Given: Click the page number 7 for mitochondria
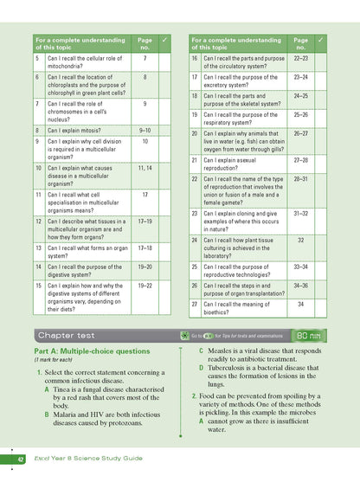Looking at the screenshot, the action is pyautogui.click(x=145, y=58).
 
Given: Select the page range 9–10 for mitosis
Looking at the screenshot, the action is pyautogui.click(x=145, y=130).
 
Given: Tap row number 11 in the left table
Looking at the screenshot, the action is pyautogui.click(x=38, y=196).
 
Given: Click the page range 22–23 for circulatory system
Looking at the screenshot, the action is pyautogui.click(x=300, y=58).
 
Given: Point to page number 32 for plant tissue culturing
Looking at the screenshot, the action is pyautogui.click(x=300, y=241).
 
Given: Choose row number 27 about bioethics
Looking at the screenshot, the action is pyautogui.click(x=195, y=304).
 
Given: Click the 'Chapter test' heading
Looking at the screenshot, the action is pyautogui.click(x=69, y=334).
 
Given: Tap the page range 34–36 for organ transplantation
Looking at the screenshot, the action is pyautogui.click(x=300, y=285).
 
